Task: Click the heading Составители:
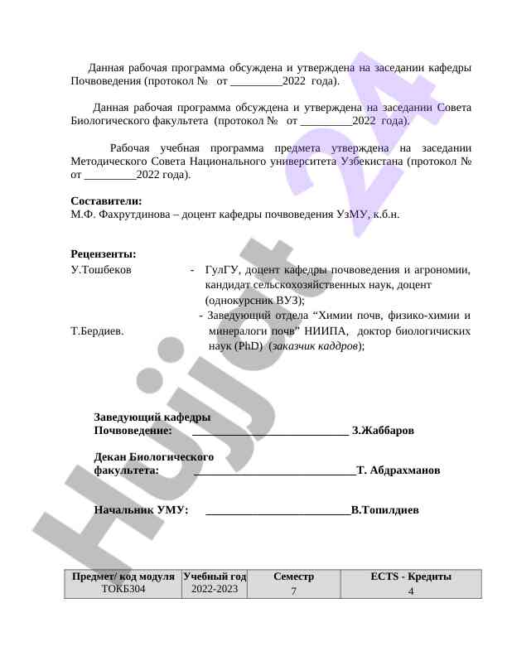[106, 200]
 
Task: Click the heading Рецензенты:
[104, 253]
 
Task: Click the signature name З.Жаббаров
[384, 431]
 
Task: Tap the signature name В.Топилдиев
[384, 509]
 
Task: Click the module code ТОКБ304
[123, 588]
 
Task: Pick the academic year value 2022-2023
[215, 588]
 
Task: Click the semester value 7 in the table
[293, 591]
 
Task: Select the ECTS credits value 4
[411, 591]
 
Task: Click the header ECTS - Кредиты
[411, 576]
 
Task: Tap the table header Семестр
[293, 576]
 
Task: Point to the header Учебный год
[215, 576]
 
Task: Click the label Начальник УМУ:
[141, 509]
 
